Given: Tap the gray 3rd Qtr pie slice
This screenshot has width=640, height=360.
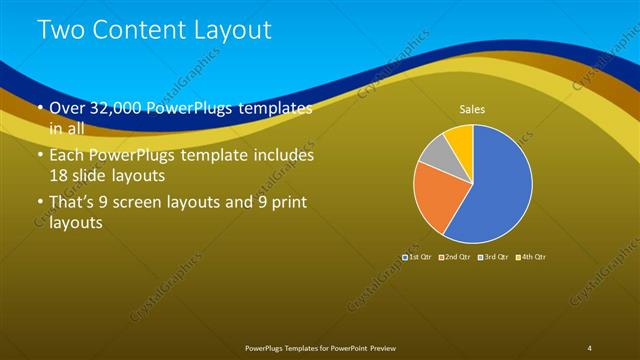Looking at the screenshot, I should point(433,151).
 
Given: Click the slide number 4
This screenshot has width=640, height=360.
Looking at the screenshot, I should point(590,347).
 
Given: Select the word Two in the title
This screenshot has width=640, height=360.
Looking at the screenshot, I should point(59,31).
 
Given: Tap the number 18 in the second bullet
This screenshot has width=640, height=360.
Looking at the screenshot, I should point(60,174).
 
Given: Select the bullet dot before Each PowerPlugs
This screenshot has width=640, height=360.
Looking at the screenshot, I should point(39,156).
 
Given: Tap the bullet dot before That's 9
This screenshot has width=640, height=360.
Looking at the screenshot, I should point(39,203).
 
